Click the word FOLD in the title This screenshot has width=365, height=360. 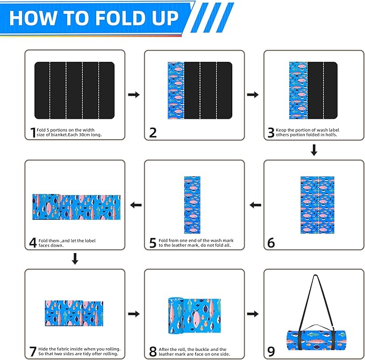pyautogui.click(x=123, y=17)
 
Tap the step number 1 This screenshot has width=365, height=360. pyautogui.click(x=33, y=132)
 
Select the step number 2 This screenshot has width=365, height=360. pyautogui.click(x=153, y=133)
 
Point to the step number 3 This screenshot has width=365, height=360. pyautogui.click(x=271, y=133)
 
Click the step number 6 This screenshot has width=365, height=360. pyautogui.click(x=271, y=243)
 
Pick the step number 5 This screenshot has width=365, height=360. pyautogui.click(x=153, y=243)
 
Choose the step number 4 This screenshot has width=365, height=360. pyautogui.click(x=33, y=243)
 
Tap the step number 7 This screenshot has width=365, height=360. pyautogui.click(x=33, y=352)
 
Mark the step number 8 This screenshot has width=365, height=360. pyautogui.click(x=153, y=352)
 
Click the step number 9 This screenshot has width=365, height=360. pyautogui.click(x=271, y=352)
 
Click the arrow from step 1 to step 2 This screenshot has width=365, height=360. pyautogui.click(x=134, y=95)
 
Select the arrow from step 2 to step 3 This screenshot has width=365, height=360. pyautogui.click(x=253, y=95)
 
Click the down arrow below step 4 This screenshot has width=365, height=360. pyautogui.click(x=75, y=260)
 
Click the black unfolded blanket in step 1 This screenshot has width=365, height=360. pyautogui.click(x=75, y=90)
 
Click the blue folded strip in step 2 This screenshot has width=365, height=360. pyautogui.click(x=175, y=90)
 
